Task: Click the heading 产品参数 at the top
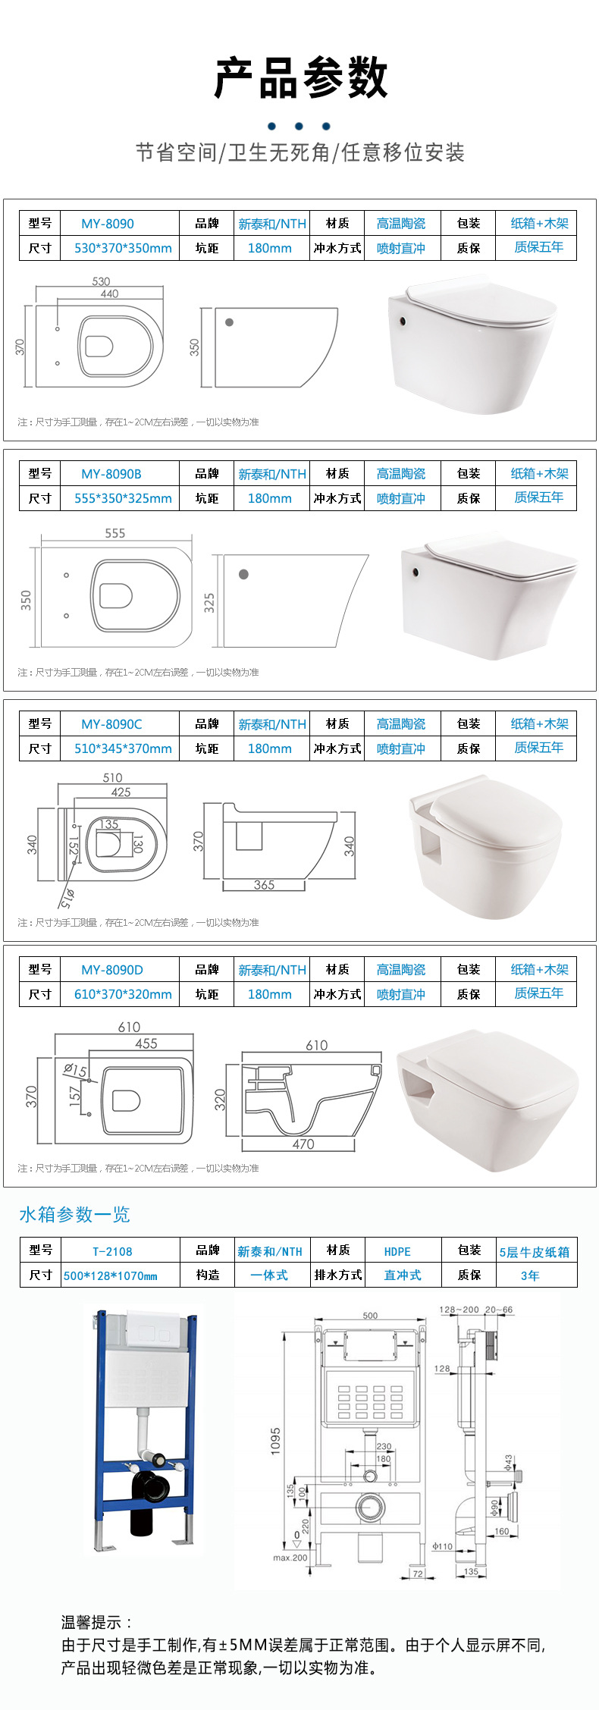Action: click(x=300, y=78)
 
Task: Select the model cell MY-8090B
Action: click(x=111, y=474)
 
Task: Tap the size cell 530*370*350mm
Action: click(x=123, y=248)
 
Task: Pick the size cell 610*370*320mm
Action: click(x=123, y=994)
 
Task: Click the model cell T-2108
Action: click(x=112, y=1252)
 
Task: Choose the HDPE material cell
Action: click(x=397, y=1252)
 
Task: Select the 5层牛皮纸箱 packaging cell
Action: click(x=535, y=1252)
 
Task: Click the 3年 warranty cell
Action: click(x=530, y=1275)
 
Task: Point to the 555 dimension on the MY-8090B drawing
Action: click(x=115, y=533)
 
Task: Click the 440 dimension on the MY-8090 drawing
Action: click(x=109, y=293)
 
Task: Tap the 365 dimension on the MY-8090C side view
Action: click(x=264, y=885)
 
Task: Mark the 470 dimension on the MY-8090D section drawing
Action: click(x=303, y=1144)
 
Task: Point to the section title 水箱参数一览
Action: click(x=74, y=1214)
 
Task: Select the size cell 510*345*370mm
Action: click(x=123, y=748)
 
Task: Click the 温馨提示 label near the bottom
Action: click(x=96, y=1622)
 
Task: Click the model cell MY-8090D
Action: click(x=112, y=970)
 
